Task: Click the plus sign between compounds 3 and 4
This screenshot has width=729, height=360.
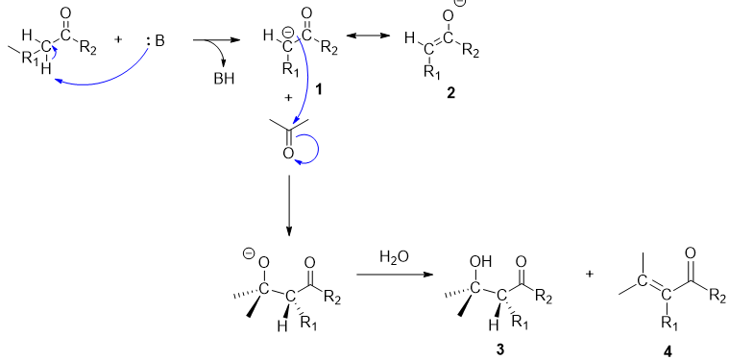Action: pyautogui.click(x=588, y=274)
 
